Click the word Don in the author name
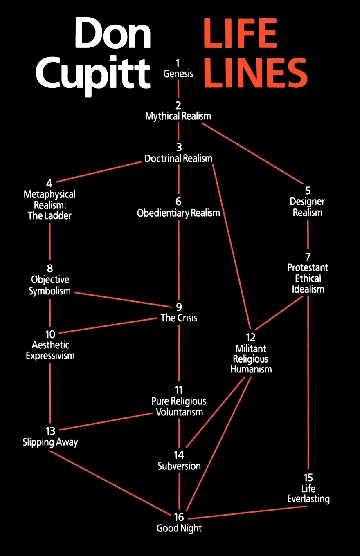tap(112, 33)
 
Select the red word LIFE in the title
tap(240, 33)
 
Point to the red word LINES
tap(255, 72)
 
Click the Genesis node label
tap(178, 74)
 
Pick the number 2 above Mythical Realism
tap(178, 105)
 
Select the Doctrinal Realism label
tap(178, 158)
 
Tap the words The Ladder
tap(49, 215)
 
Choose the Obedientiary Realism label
tap(178, 213)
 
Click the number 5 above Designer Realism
tap(308, 191)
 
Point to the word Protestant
tap(308, 267)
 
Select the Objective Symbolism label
tap(50, 285)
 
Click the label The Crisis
tap(179, 318)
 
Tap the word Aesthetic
tap(50, 345)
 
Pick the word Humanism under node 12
tap(251, 369)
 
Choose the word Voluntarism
tap(179, 412)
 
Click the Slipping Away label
tap(50, 442)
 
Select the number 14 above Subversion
tap(179, 455)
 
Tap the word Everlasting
tap(308, 499)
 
